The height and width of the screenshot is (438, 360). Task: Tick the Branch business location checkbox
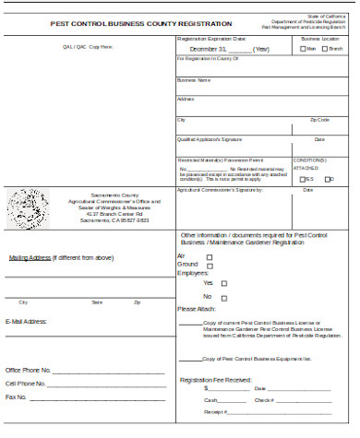324,49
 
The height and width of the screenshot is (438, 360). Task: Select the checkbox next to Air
210,255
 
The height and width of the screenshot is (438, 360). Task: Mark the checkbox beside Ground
210,265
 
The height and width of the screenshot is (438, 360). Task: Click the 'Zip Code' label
319,120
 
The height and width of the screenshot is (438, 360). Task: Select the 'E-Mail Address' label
26,321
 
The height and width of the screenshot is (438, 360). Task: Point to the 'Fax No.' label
17,397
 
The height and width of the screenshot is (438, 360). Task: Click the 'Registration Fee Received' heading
214,380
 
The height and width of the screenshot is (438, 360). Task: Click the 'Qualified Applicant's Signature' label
209,139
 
